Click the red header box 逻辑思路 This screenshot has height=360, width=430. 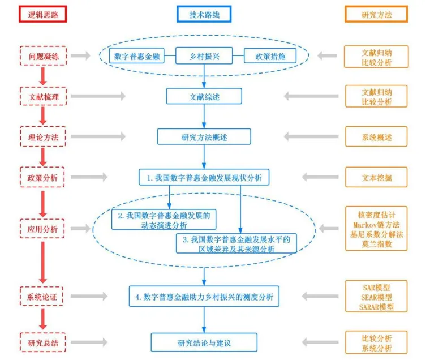pyautogui.click(x=43, y=14)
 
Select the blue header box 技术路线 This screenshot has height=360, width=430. pyautogui.click(x=204, y=14)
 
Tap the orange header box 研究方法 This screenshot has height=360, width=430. pyautogui.click(x=376, y=14)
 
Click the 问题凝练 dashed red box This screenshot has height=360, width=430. pyautogui.click(x=43, y=55)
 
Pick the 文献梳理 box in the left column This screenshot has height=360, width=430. pyautogui.click(x=43, y=96)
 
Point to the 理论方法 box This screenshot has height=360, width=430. pyautogui.click(x=43, y=136)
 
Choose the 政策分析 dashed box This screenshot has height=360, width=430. pyautogui.click(x=43, y=177)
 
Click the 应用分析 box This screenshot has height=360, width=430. pyautogui.click(x=43, y=229)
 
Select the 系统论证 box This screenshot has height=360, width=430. pyautogui.click(x=43, y=295)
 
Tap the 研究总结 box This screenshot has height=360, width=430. pyautogui.click(x=43, y=342)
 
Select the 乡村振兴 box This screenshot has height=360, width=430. pyautogui.click(x=204, y=55)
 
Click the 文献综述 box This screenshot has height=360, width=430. pyautogui.click(x=204, y=96)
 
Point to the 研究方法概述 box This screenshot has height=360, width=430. pyautogui.click(x=204, y=136)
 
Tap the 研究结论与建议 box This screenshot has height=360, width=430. pyautogui.click(x=204, y=342)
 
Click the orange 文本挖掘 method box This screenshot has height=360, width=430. pyautogui.click(x=376, y=177)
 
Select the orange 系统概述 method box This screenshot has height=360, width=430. pyautogui.click(x=376, y=136)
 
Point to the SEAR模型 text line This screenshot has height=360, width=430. pyautogui.click(x=376, y=297)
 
